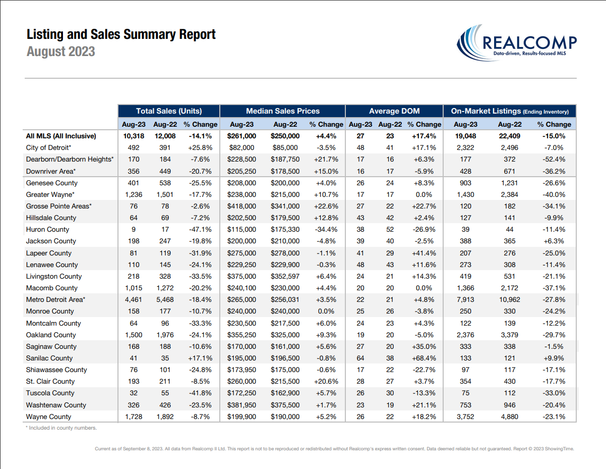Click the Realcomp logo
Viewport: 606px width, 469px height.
tap(516, 43)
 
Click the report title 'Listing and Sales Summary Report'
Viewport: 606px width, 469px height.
tap(121, 34)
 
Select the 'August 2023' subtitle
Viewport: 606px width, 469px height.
tap(61, 51)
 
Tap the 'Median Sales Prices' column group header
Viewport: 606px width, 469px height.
tap(282, 111)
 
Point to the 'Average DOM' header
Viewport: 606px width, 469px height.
tap(394, 111)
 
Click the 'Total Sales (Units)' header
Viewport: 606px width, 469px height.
tap(169, 111)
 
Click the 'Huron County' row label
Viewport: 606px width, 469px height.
tap(47, 230)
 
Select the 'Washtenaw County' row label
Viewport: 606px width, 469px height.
tap(56, 405)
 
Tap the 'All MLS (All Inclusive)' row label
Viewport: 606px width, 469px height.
tap(61, 136)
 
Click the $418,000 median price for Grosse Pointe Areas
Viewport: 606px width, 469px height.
tap(241, 206)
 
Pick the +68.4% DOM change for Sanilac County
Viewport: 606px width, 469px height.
tap(424, 358)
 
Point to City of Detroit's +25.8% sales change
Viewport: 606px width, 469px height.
tap(200, 148)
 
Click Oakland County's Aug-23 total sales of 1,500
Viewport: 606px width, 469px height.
tap(134, 335)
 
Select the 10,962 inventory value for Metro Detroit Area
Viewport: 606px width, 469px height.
tap(510, 300)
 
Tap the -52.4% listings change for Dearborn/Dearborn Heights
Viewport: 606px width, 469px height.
tap(554, 160)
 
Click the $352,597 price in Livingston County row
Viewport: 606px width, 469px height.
tap(285, 276)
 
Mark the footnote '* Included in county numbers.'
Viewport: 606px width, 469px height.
tap(61, 428)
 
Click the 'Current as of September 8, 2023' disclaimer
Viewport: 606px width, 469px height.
tap(334, 449)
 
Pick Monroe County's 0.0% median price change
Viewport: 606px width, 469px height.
tap(326, 311)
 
